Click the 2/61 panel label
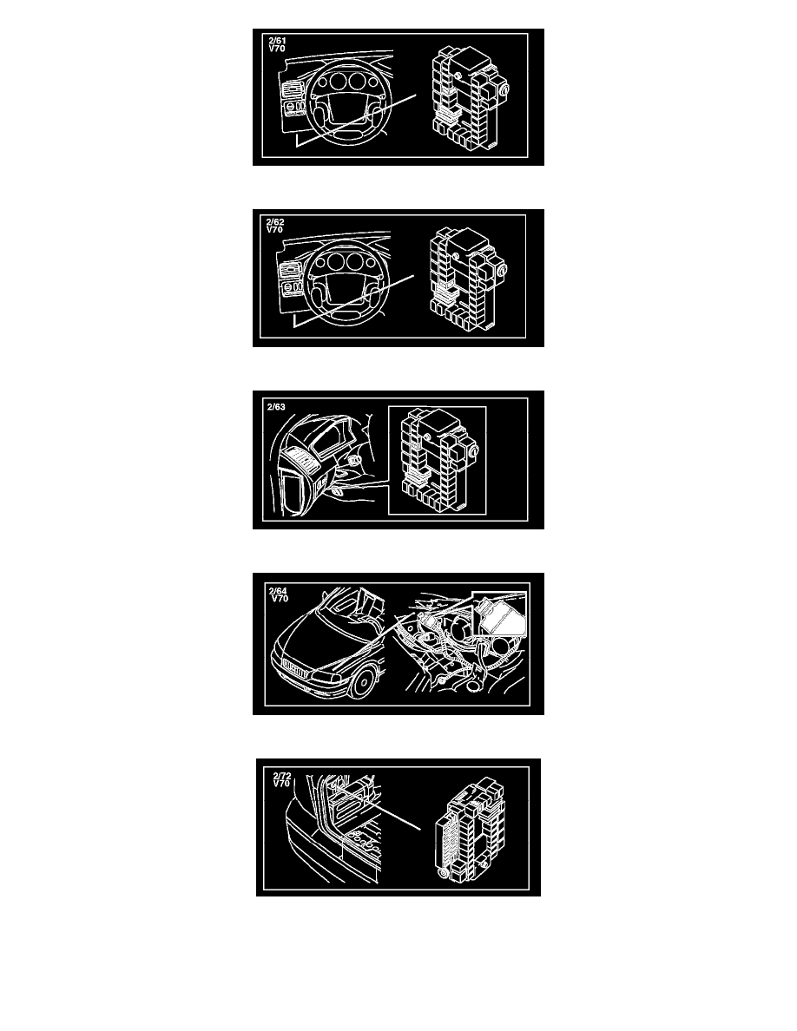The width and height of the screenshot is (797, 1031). [277, 41]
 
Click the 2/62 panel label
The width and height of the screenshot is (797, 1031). [275, 222]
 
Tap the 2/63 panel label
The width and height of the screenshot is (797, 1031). [276, 407]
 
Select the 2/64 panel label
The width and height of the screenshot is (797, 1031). [278, 591]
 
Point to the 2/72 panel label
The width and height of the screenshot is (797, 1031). [282, 777]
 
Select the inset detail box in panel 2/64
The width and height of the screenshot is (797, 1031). [500, 614]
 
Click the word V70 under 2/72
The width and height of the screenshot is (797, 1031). [281, 784]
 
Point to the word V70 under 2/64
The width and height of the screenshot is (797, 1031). [280, 598]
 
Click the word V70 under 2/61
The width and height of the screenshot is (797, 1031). [276, 49]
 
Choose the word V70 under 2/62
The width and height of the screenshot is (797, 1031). [274, 229]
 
